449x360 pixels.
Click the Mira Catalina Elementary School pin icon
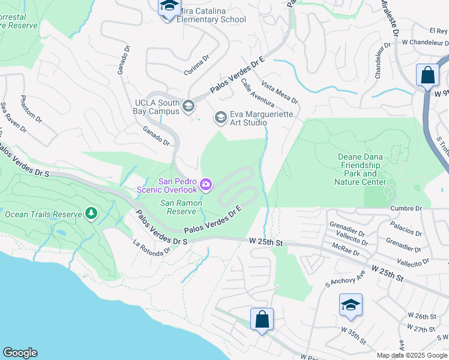169,8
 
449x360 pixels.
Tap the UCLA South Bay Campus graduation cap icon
188,107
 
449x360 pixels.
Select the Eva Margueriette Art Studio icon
221,117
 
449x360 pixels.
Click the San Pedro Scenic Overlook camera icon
206,184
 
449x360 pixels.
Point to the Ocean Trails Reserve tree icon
91,214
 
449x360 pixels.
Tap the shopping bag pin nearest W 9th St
427,76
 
